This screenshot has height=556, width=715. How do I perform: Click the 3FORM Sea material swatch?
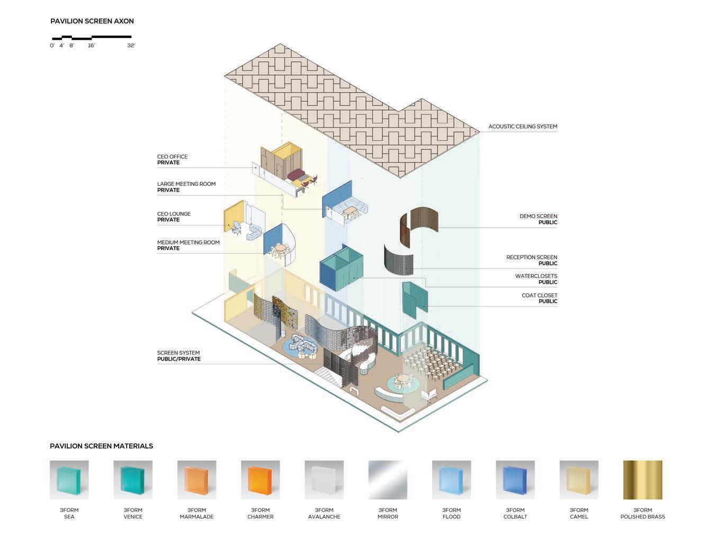click(69, 480)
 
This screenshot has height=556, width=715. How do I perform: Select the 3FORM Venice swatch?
click(133, 480)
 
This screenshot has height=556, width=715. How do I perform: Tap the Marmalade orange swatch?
click(196, 480)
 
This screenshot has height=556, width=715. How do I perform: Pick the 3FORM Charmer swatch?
click(261, 480)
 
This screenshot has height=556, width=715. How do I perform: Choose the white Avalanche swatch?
click(324, 480)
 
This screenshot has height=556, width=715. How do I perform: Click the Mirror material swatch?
click(388, 480)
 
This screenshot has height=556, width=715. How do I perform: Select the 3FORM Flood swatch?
click(451, 480)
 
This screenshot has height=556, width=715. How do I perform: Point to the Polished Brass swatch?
click(642, 480)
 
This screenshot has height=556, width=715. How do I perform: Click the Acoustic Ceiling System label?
click(522, 127)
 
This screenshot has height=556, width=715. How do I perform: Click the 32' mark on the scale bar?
click(131, 46)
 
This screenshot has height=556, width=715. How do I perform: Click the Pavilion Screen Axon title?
click(92, 21)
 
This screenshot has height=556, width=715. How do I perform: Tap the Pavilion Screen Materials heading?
click(101, 446)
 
